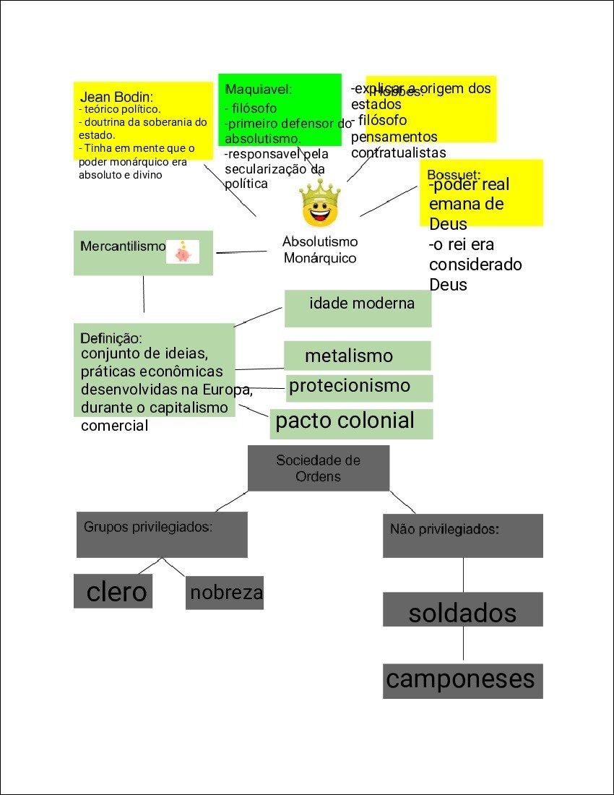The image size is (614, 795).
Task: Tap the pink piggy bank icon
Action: (182, 252)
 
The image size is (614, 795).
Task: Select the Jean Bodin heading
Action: (117, 97)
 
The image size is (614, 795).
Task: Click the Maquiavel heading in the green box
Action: (259, 90)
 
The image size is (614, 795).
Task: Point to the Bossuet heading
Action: (454, 175)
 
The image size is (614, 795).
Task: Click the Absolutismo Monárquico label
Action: (319, 250)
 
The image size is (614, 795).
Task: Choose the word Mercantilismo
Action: (123, 246)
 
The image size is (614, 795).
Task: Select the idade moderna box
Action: (358, 308)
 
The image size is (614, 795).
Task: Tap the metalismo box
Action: (357, 356)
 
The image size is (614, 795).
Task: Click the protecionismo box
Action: (359, 387)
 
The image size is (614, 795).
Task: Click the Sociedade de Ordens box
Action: (318, 468)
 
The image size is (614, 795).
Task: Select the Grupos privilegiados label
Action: (148, 527)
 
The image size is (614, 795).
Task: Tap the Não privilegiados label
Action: (444, 529)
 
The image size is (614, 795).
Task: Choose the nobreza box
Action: (225, 593)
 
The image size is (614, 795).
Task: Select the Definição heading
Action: (111, 338)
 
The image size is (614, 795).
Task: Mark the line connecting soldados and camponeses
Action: (463, 645)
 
